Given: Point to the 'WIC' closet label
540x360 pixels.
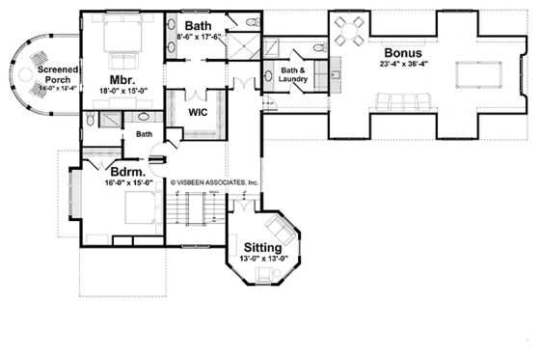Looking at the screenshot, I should point(200,111).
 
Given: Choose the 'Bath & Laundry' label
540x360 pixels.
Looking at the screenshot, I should point(293,74).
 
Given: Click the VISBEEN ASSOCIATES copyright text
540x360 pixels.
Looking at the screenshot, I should point(214,181).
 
